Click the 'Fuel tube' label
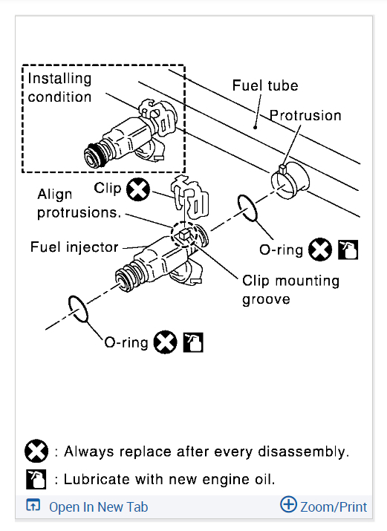(265, 85)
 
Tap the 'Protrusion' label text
(305, 115)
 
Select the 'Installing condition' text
(59, 88)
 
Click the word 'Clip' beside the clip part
(107, 188)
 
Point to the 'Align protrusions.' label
(79, 203)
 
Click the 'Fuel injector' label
(74, 247)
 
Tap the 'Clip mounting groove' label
(291, 290)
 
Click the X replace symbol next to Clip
(138, 189)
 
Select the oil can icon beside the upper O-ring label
(348, 250)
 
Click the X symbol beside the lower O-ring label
(165, 342)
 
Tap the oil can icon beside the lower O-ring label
(193, 342)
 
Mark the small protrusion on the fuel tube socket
(283, 169)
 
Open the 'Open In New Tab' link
(98, 507)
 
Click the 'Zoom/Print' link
(334, 507)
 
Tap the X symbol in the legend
(36, 451)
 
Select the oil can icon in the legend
(36, 479)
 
